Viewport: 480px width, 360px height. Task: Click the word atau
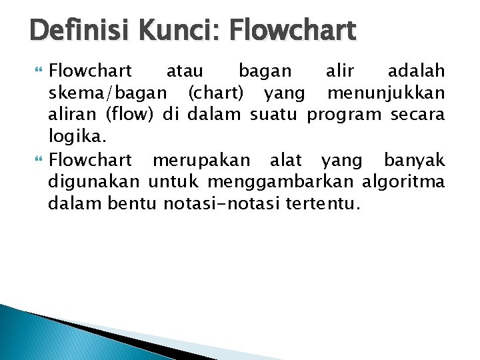[x=185, y=71]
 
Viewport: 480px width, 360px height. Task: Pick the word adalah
[x=417, y=71]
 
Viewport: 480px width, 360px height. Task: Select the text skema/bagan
[x=108, y=93]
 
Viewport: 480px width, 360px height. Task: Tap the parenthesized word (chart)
[x=216, y=93]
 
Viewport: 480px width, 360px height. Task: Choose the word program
[x=345, y=115]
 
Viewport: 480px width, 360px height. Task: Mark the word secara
[x=418, y=115]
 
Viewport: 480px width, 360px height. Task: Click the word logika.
[x=73, y=137]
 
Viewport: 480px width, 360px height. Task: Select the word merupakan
[x=201, y=160]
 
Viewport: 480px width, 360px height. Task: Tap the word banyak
[x=414, y=160]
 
